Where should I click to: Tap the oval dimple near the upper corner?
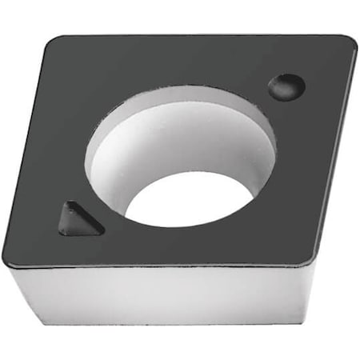[286, 86]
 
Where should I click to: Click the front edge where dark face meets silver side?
[160, 266]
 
